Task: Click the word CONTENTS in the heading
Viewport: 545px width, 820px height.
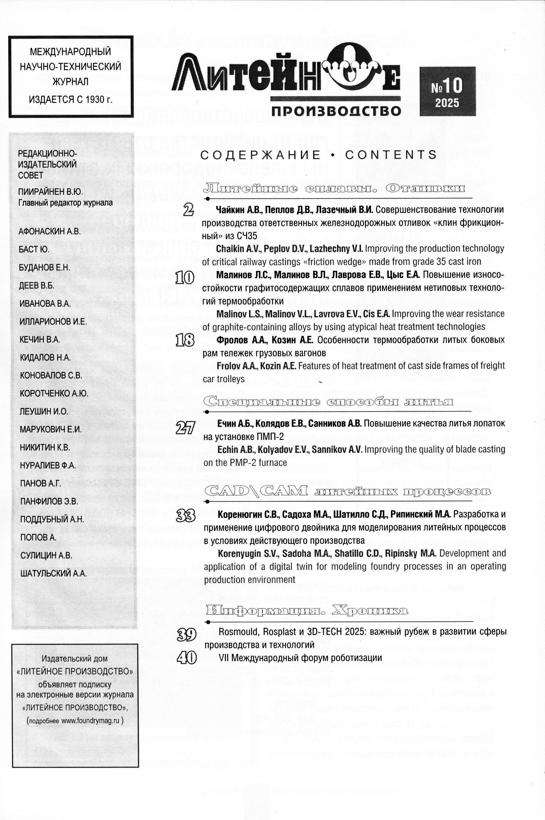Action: click(x=391, y=155)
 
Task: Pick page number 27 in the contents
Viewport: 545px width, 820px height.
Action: click(x=185, y=428)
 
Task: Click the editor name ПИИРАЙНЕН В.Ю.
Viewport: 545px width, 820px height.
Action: click(x=51, y=191)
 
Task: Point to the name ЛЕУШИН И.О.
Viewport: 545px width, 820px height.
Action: click(x=44, y=411)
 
